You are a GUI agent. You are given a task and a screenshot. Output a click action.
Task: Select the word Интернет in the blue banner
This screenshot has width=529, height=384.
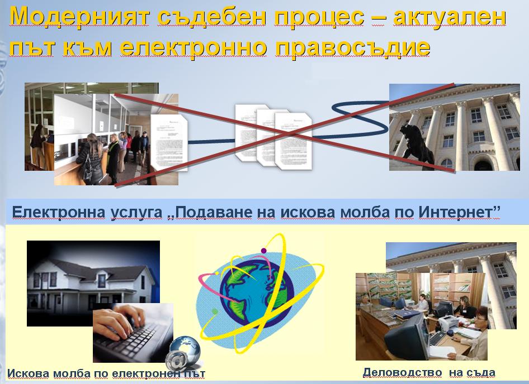point(459,212)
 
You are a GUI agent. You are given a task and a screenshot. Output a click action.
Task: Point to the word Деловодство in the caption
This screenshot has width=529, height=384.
point(402,372)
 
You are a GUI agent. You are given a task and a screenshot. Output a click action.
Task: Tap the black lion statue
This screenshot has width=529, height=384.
point(416,145)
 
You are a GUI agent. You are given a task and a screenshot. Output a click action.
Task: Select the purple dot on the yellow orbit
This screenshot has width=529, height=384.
point(263,251)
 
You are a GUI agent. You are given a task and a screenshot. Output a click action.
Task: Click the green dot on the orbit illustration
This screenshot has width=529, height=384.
point(215,311)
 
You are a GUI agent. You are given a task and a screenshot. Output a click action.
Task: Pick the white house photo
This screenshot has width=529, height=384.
point(93,284)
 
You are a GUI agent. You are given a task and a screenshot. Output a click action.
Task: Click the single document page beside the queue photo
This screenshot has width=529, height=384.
point(169,143)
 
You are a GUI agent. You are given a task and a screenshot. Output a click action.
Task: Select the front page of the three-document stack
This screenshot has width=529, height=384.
point(294,141)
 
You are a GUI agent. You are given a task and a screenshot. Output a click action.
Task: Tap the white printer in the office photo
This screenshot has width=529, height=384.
point(448,323)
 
